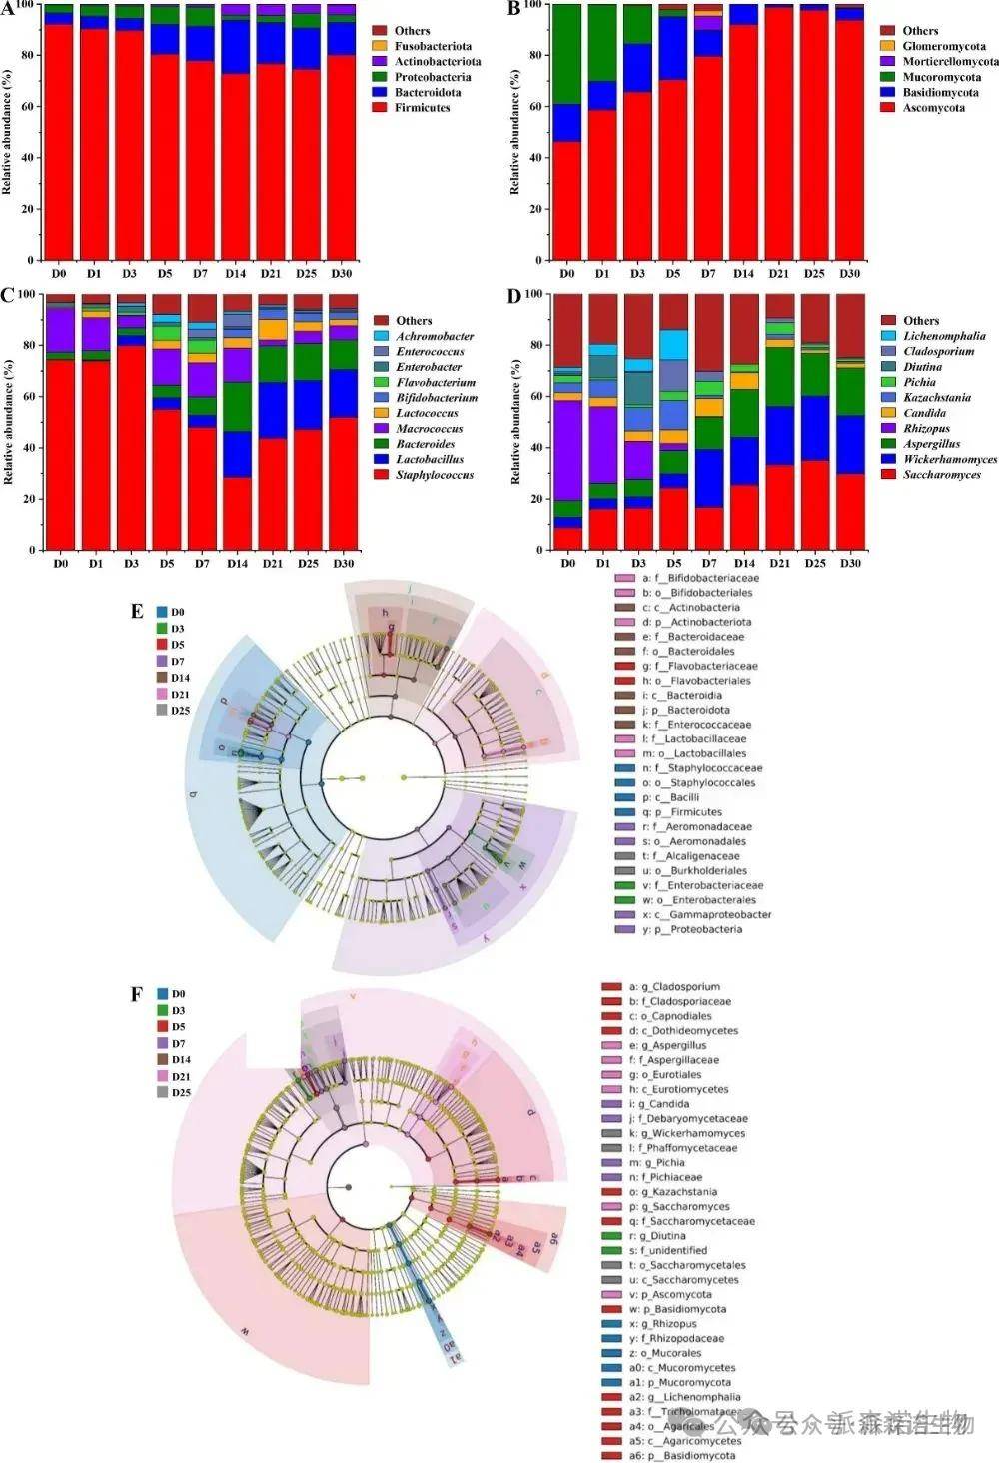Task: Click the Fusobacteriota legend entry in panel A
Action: pos(432,46)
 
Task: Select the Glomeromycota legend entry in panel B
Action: pos(942,46)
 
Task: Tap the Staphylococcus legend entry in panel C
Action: pos(434,474)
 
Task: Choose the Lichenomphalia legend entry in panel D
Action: pos(943,336)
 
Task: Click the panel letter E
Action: pos(137,611)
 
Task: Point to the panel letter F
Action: pos(137,994)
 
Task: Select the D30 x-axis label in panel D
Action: pos(849,563)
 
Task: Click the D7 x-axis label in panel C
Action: pos(201,563)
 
